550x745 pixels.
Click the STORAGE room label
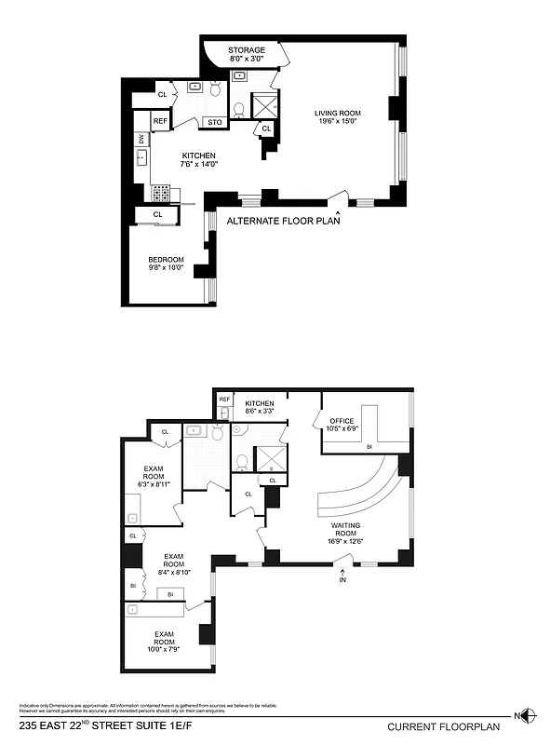click(247, 50)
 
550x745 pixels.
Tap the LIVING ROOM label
click(337, 114)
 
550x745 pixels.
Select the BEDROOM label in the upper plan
click(166, 260)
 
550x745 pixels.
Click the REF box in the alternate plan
click(160, 121)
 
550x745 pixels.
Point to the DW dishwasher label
click(141, 139)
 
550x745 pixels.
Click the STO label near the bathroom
click(215, 122)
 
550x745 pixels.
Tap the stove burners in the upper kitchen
click(160, 194)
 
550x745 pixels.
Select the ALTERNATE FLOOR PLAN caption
click(283, 222)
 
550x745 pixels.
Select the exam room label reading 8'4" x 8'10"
click(173, 564)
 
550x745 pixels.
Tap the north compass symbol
click(528, 715)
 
